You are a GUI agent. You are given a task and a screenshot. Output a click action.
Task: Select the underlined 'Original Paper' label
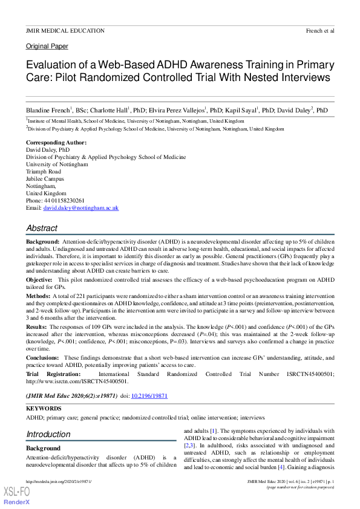(47, 46)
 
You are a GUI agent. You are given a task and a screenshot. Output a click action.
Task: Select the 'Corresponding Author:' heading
(56, 143)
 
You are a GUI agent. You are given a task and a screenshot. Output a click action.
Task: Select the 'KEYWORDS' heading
(43, 409)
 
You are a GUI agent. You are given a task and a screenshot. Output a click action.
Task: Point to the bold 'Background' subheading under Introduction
(43, 449)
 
